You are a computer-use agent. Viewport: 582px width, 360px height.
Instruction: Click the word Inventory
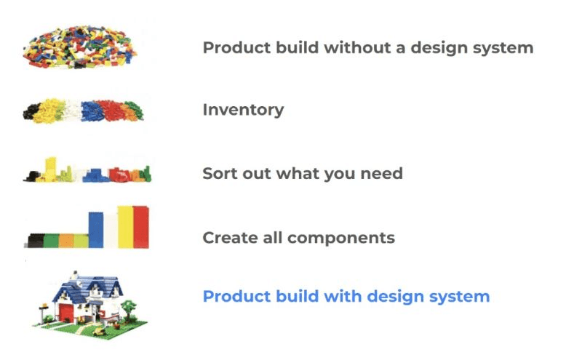point(243,111)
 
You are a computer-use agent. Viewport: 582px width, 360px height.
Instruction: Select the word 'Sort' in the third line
point(220,174)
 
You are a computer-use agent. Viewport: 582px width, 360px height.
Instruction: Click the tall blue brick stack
point(96,229)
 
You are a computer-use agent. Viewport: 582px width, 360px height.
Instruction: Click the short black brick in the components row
point(35,241)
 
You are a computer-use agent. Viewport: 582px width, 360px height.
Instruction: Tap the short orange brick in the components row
point(66,241)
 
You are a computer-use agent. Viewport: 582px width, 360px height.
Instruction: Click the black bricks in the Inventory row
point(33,111)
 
